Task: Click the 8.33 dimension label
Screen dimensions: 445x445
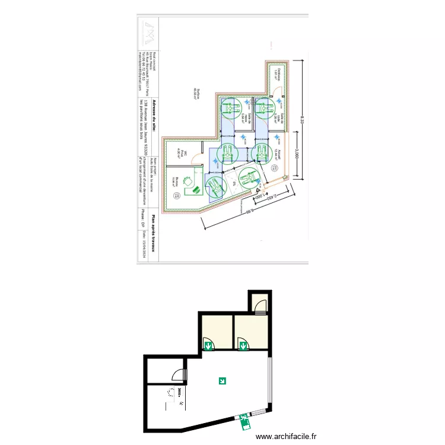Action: (x=303, y=119)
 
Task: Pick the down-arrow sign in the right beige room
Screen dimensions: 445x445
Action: (x=242, y=344)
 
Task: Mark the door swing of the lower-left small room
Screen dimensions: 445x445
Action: (x=177, y=374)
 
